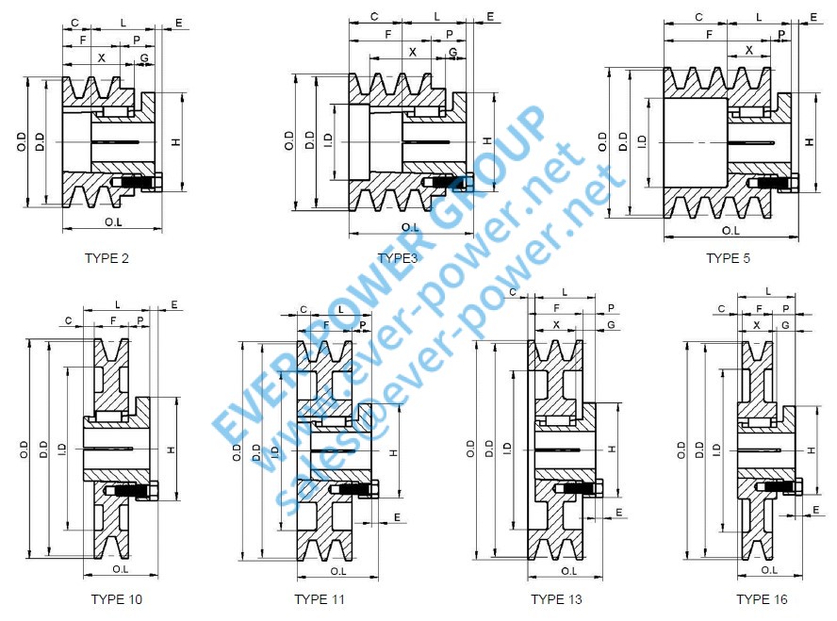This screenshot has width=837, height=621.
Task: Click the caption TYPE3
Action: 397,258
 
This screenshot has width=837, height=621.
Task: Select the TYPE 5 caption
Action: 728,258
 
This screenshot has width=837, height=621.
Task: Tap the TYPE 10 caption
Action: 117,599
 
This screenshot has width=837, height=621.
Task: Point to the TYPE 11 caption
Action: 319,599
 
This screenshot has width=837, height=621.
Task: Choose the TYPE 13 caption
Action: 556,599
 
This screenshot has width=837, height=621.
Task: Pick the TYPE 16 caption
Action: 762,599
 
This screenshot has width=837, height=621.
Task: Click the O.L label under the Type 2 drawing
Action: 113,222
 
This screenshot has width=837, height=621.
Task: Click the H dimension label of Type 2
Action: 175,142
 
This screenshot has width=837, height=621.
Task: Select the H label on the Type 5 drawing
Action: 809,141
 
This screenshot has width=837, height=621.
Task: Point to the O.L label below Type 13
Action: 569,570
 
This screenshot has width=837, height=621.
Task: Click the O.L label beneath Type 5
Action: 730,230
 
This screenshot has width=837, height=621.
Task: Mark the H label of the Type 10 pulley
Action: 171,451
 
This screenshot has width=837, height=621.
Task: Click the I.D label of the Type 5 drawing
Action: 642,140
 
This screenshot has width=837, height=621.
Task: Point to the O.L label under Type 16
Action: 769,569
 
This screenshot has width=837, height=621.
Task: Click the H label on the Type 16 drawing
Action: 812,449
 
